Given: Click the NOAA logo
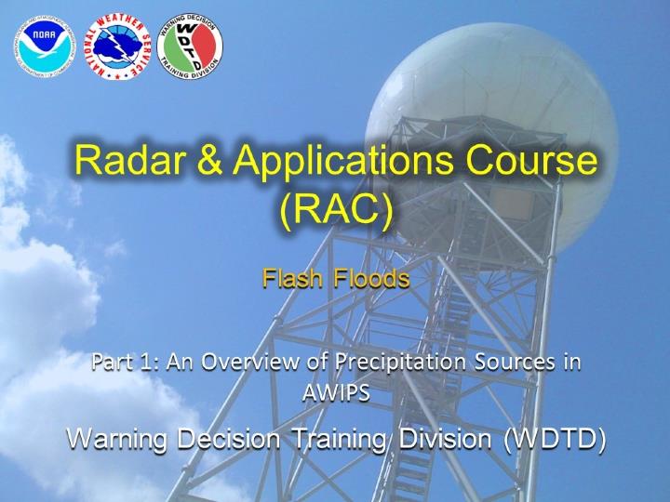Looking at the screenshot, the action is point(45,47).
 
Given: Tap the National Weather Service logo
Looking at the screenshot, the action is point(117,46).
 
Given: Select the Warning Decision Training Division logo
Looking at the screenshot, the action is point(190,46).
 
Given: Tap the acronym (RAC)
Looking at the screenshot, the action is point(336,210).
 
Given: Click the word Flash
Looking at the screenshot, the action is point(292,278).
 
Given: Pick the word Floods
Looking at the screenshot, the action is point(371,278).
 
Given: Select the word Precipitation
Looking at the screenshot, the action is point(400,363).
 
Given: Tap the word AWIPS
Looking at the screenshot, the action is point(336,393).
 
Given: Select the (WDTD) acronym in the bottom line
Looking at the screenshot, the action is point(554,441).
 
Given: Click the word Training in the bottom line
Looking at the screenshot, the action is point(340,440).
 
